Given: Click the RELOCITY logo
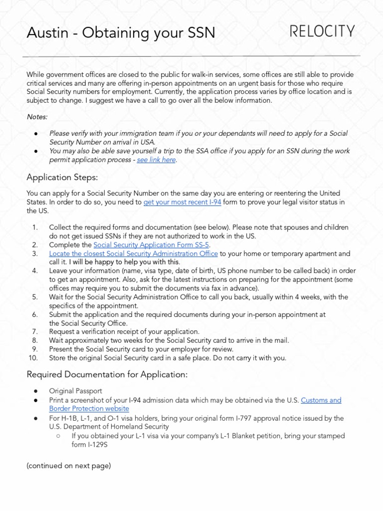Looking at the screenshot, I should pyautogui.click(x=323, y=32).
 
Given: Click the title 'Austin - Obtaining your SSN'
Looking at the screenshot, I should pyautogui.click(x=121, y=33).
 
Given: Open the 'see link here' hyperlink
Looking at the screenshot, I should pyautogui.click(x=156, y=160).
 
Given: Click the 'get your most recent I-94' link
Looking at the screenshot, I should pyautogui.click(x=183, y=202).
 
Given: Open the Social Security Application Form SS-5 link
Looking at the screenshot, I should pyautogui.click(x=152, y=245).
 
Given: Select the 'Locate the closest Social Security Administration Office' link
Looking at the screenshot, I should pyautogui.click(x=133, y=254).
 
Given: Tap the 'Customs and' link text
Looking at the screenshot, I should pyautogui.click(x=321, y=400).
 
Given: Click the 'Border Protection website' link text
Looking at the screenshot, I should pyautogui.click(x=89, y=409).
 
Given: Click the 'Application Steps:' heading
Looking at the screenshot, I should pyautogui.click(x=62, y=177).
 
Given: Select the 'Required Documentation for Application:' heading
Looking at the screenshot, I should pyautogui.click(x=107, y=375).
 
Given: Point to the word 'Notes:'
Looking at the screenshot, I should pyautogui.click(x=37, y=116).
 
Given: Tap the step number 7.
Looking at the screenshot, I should pyautogui.click(x=35, y=331).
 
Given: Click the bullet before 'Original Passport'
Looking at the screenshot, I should pyautogui.click(x=36, y=391).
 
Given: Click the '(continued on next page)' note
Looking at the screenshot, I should pyautogui.click(x=68, y=466).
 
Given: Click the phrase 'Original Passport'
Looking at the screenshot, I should pyautogui.click(x=75, y=391).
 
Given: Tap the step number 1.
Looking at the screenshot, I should pyautogui.click(x=35, y=228).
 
